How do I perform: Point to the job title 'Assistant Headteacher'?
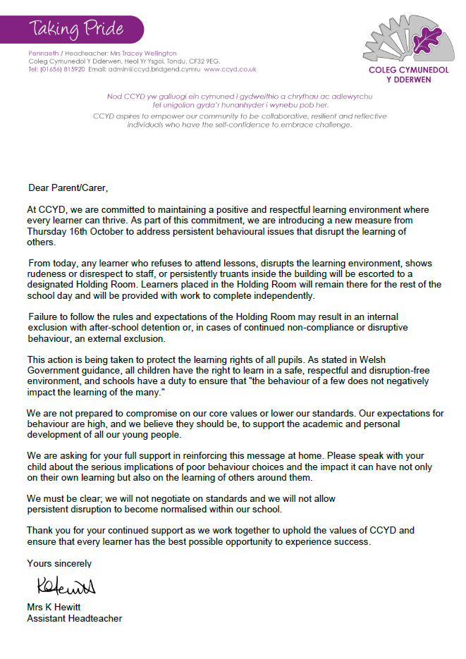tap(74, 618)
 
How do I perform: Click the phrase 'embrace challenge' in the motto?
tap(314, 125)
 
